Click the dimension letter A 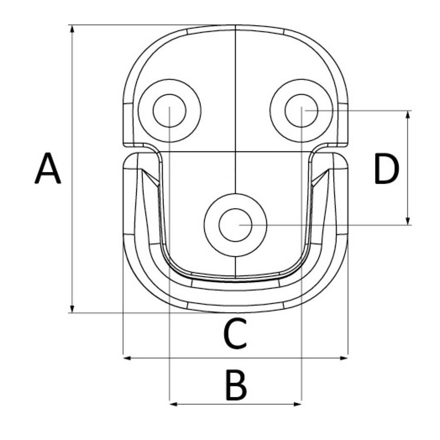point(48,168)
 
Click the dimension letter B point(236,386)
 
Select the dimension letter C point(235,333)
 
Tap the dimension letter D point(386,169)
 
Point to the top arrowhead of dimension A point(72,29)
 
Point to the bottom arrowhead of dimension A point(72,308)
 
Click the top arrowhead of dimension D point(408,115)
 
